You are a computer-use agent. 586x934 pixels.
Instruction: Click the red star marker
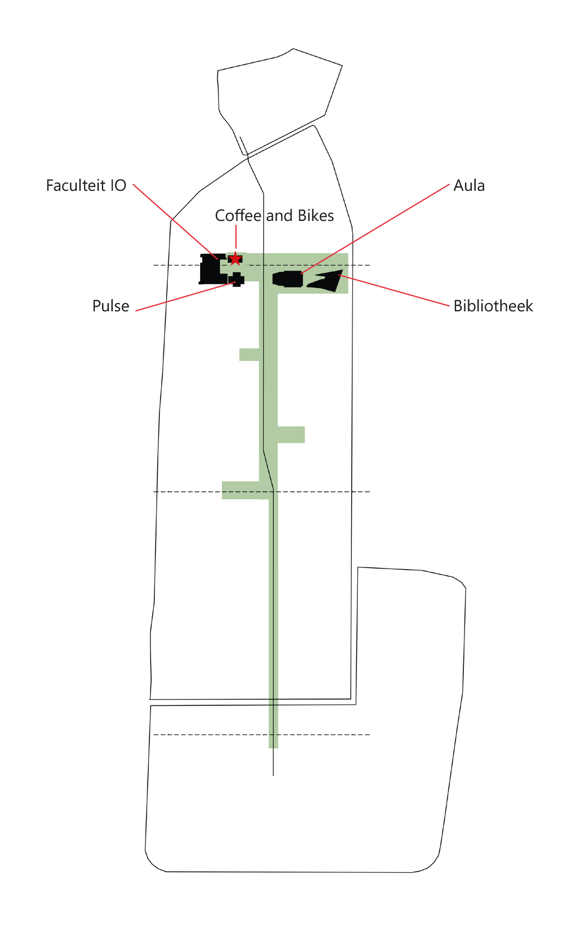click(x=236, y=259)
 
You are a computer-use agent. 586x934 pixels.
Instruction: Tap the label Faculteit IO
click(x=86, y=186)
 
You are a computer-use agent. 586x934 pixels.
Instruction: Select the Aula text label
click(x=469, y=186)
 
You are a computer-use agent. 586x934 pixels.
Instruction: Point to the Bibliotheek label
click(x=493, y=306)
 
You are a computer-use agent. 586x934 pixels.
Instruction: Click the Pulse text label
click(x=110, y=306)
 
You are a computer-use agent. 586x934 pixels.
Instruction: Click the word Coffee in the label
click(x=238, y=216)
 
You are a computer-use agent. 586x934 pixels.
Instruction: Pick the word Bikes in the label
click(x=316, y=216)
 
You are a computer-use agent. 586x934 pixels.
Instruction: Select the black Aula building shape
click(x=289, y=278)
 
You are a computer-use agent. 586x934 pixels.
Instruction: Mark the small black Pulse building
click(x=238, y=279)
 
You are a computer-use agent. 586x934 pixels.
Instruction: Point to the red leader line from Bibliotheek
click(x=396, y=291)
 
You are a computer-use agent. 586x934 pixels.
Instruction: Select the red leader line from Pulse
click(x=184, y=297)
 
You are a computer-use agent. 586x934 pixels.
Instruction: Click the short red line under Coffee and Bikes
click(x=236, y=237)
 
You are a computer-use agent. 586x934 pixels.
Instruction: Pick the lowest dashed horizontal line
click(x=212, y=735)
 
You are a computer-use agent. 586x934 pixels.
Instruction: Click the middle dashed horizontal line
click(x=323, y=492)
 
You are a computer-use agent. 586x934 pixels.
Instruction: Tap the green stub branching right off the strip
click(x=291, y=435)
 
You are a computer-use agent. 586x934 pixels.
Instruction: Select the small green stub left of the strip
click(x=249, y=354)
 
